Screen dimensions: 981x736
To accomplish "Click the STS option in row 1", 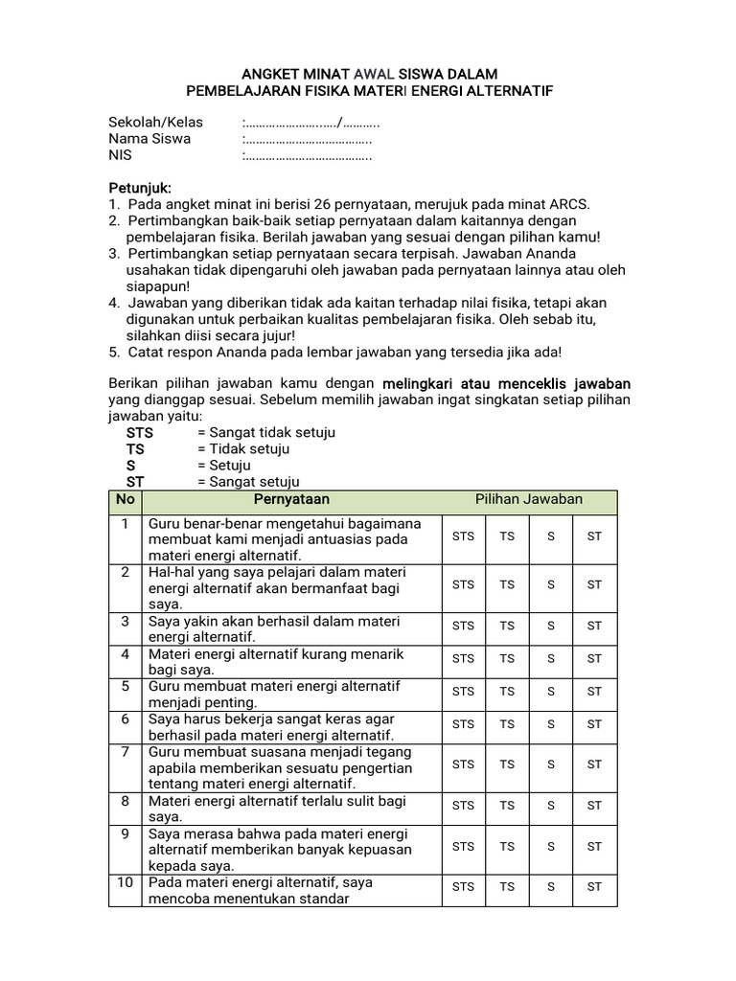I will pyautogui.click(x=463, y=536).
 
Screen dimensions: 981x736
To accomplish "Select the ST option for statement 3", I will pyautogui.click(x=594, y=626).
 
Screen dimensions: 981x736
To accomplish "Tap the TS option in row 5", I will pyautogui.click(x=507, y=691).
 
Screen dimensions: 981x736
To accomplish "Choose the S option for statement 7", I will pyautogui.click(x=551, y=764).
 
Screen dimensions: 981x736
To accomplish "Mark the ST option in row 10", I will pyautogui.click(x=594, y=886).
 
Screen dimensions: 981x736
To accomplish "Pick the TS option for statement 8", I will pyautogui.click(x=507, y=806).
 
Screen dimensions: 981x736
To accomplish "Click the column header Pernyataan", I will pyautogui.click(x=291, y=500).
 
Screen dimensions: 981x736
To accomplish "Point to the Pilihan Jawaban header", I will pyautogui.click(x=529, y=500).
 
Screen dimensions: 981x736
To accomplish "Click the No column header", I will pyautogui.click(x=125, y=500).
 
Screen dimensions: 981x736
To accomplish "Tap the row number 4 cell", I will pyautogui.click(x=125, y=654).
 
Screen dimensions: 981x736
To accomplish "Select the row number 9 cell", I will pyautogui.click(x=125, y=833).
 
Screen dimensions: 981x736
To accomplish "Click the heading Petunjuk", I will pyautogui.click(x=139, y=188).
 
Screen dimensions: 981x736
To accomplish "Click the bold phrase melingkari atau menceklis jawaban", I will pyautogui.click(x=506, y=383).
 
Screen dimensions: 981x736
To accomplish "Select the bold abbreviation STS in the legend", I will pyautogui.click(x=140, y=433).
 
